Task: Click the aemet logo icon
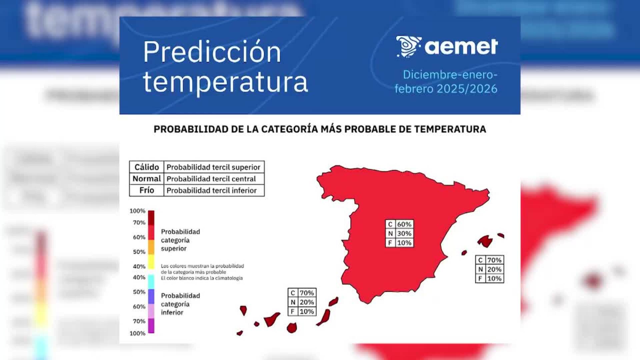click(x=408, y=46)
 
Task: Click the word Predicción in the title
click(x=212, y=52)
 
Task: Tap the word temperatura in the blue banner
click(x=225, y=82)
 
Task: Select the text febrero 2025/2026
click(x=446, y=89)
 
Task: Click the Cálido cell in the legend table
click(x=147, y=167)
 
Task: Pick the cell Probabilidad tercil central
click(x=211, y=179)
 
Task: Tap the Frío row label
click(x=147, y=190)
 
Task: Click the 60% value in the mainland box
click(x=404, y=224)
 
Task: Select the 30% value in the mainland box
click(x=404, y=234)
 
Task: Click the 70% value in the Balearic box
click(x=494, y=260)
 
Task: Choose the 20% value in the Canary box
click(x=307, y=302)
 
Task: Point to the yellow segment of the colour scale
click(x=151, y=262)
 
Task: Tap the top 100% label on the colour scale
click(x=137, y=211)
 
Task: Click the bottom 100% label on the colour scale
click(x=137, y=333)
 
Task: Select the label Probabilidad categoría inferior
click(x=180, y=304)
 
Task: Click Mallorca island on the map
click(x=485, y=241)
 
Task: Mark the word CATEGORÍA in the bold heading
click(x=289, y=129)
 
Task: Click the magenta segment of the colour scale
click(x=151, y=326)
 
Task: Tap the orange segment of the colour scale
click(x=151, y=247)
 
